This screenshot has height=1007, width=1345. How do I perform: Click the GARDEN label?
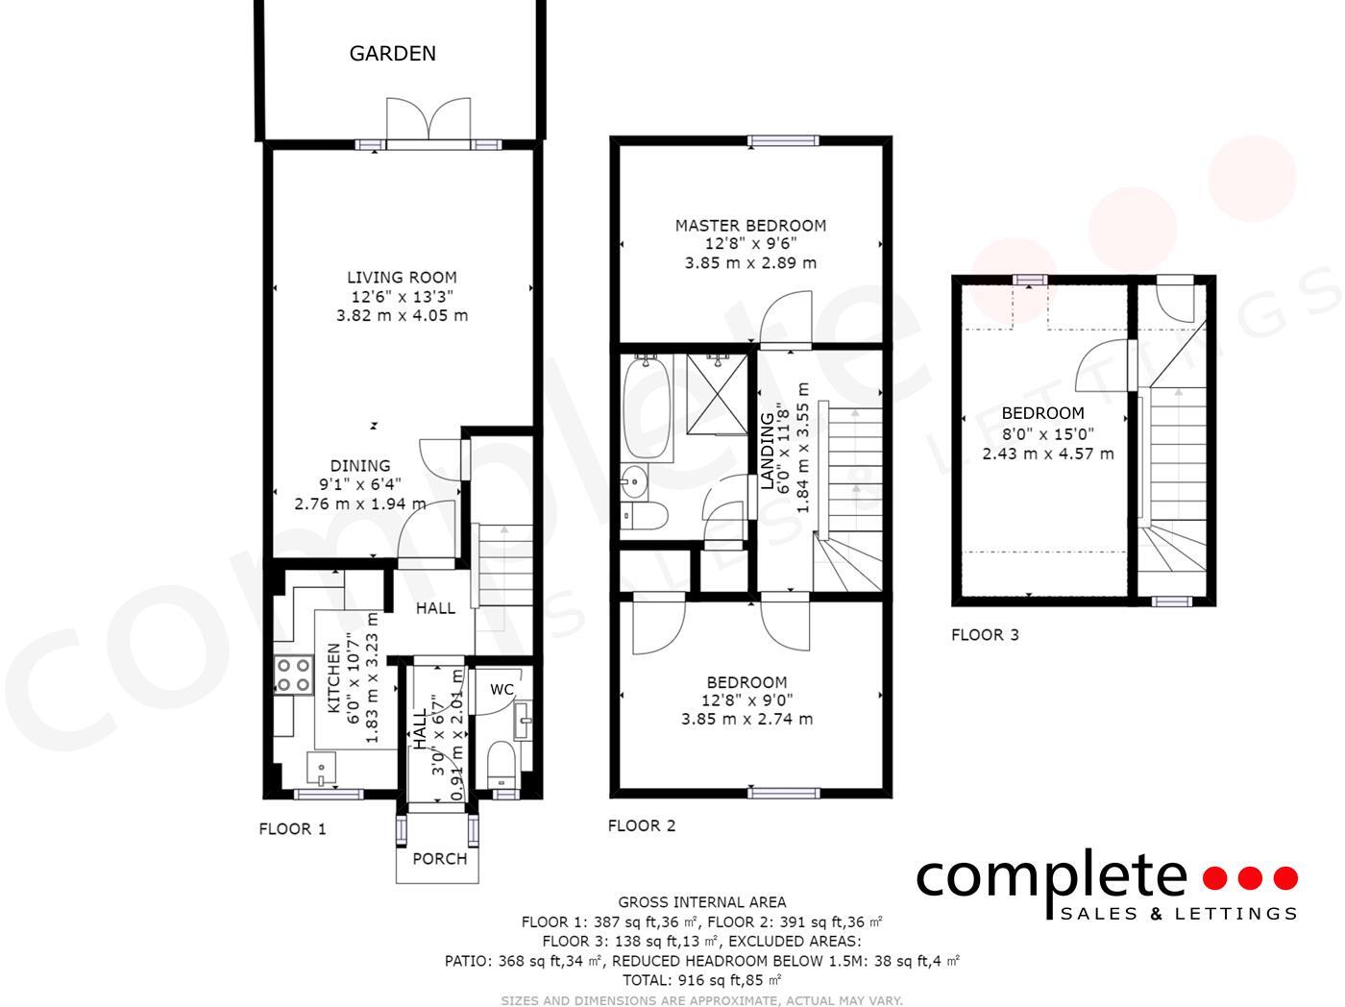[x=392, y=54]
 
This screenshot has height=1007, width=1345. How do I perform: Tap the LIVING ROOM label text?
[x=402, y=278]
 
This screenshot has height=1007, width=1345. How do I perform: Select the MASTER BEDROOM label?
[x=750, y=226]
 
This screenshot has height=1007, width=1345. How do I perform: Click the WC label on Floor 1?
[x=501, y=690]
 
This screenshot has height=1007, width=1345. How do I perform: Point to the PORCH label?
[x=439, y=859]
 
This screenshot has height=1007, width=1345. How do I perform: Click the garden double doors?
[x=429, y=122]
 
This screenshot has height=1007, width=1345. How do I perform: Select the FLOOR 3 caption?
[x=985, y=635]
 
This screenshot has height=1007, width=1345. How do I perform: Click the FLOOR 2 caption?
[x=642, y=826]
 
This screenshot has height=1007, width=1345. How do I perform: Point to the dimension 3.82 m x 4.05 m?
[x=402, y=315]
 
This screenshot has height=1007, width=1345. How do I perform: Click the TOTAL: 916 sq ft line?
[x=701, y=980]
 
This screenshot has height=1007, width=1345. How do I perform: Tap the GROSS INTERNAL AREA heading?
[x=701, y=902]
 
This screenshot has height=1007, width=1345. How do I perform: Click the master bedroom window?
[x=784, y=141]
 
